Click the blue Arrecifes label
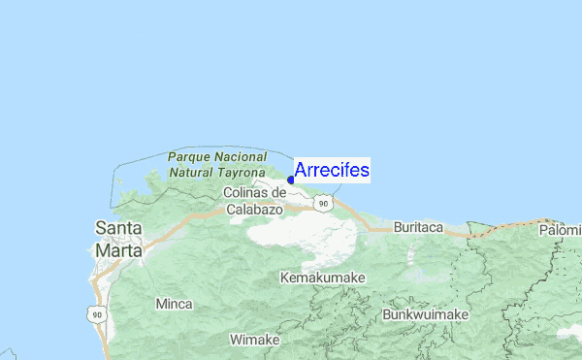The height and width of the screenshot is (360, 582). click(331, 170)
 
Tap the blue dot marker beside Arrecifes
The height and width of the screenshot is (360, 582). click(291, 180)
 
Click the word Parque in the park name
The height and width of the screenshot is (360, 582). click(188, 156)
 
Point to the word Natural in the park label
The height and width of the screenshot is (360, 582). click(193, 172)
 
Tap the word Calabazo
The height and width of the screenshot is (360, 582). click(254, 209)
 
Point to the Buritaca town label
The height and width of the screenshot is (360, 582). click(418, 228)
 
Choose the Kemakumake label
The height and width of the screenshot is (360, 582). click(322, 278)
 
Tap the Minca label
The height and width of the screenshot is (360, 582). click(174, 304)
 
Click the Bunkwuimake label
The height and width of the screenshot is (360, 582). click(426, 315)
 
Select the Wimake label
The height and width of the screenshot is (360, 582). click(254, 340)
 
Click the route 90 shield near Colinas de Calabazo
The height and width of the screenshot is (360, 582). click(322, 203)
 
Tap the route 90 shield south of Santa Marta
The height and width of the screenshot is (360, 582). click(94, 313)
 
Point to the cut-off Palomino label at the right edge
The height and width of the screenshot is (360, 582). click(561, 230)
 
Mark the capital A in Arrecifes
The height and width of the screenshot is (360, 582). click(301, 170)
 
